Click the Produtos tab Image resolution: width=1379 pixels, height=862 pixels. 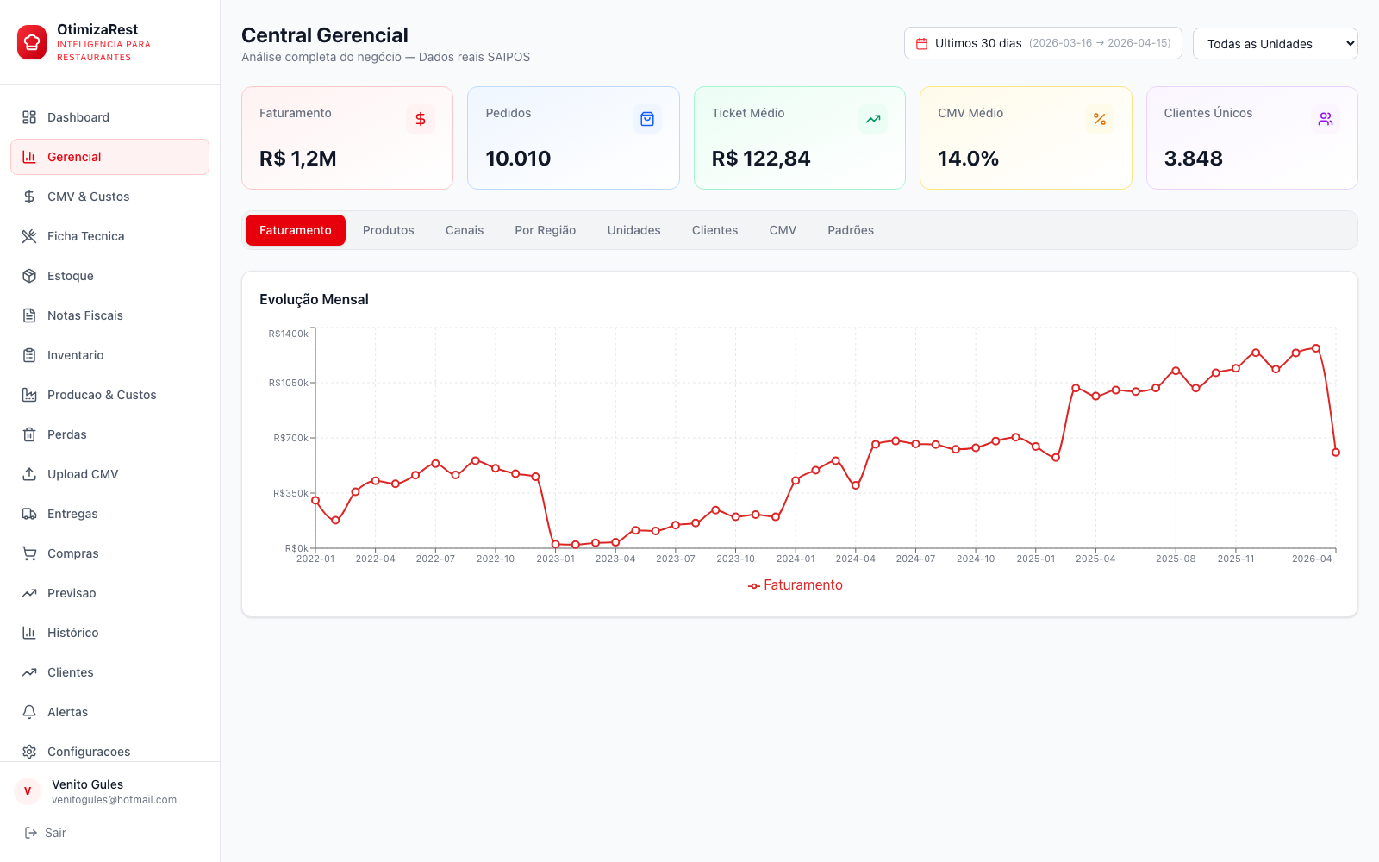[x=388, y=230]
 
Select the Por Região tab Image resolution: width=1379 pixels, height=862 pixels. [x=545, y=230]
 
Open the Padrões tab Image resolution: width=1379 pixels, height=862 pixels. [x=850, y=230]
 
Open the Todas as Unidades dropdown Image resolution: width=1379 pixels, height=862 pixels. [x=1275, y=44]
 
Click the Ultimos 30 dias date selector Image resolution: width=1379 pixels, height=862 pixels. [x=1043, y=43]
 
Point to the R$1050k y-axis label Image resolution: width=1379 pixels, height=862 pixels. [x=288, y=383]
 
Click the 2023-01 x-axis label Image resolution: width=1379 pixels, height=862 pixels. [x=555, y=559]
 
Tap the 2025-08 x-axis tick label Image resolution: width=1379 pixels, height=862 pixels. [x=1176, y=559]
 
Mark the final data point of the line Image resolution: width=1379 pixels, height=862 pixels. [x=1335, y=453]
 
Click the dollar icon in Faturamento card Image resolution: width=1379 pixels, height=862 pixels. [x=421, y=119]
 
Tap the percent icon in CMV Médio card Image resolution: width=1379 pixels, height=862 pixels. [x=1100, y=119]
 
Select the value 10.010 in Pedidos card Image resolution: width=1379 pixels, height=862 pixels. [x=518, y=159]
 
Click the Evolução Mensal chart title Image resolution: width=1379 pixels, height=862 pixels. [x=314, y=299]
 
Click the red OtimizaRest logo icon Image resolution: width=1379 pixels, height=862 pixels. [x=31, y=42]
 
